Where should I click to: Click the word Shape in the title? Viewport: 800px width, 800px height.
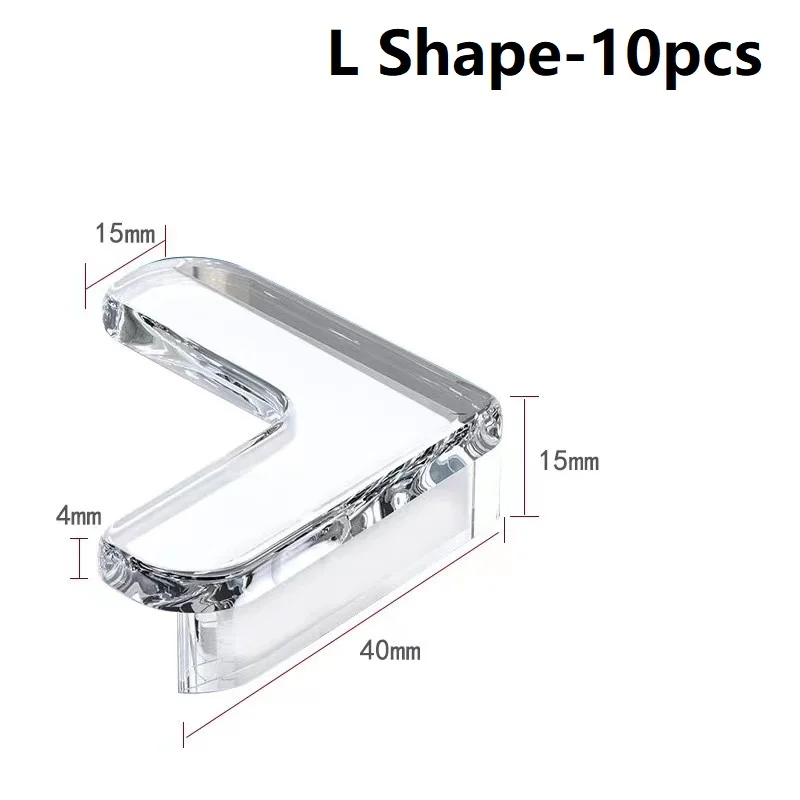pyautogui.click(x=449, y=55)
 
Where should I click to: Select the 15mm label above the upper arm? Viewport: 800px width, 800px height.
pyautogui.click(x=125, y=234)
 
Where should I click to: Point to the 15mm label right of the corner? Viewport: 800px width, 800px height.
pyautogui.click(x=568, y=461)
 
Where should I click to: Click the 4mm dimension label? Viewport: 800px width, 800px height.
pyautogui.click(x=80, y=516)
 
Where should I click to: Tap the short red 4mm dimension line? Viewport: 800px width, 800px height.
pyautogui.click(x=77, y=557)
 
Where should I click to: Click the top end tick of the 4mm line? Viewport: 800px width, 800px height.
pyautogui.click(x=77, y=538)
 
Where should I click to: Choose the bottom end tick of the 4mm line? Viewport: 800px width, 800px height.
pyautogui.click(x=77, y=577)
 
